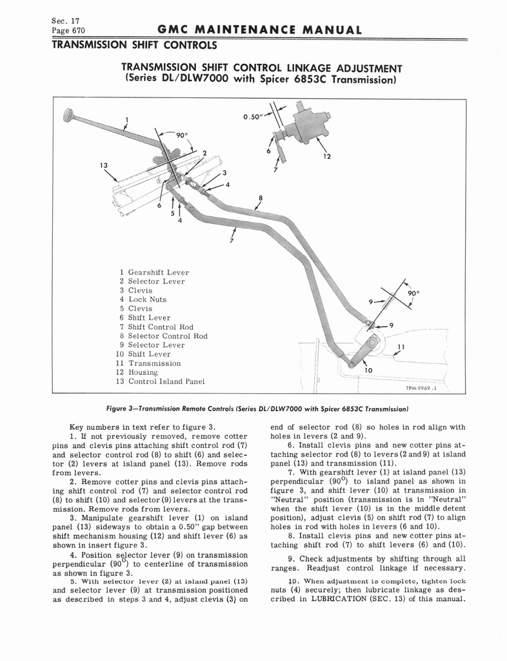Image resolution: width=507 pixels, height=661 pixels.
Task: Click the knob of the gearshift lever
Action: (x=67, y=114)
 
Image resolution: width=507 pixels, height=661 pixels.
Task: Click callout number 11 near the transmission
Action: (x=401, y=347)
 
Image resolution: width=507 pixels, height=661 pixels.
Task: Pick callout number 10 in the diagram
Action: (x=369, y=371)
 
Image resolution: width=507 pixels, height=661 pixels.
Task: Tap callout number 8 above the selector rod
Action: (x=260, y=198)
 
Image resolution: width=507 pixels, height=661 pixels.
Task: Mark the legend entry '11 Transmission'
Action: (x=148, y=363)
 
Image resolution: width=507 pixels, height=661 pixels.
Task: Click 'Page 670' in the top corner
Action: (x=68, y=30)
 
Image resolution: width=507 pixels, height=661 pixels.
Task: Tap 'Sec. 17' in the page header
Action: (x=63, y=19)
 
